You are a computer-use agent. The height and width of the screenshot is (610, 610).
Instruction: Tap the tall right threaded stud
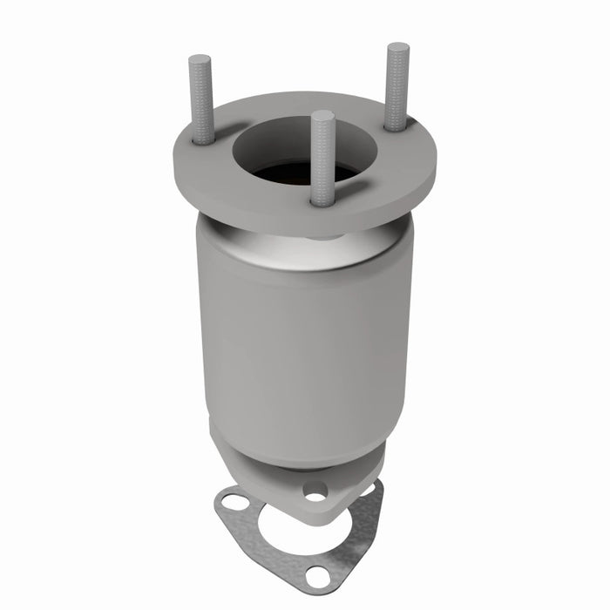click(x=397, y=87)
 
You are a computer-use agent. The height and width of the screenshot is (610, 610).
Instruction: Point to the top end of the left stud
click(x=200, y=60)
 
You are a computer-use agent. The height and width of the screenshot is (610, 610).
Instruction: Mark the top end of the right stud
click(x=398, y=47)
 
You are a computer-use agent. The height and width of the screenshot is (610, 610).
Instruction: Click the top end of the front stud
click(x=322, y=115)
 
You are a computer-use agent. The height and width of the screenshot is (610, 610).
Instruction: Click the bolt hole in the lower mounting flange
click(x=315, y=490)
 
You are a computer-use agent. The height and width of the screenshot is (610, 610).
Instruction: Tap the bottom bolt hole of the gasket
click(x=318, y=576)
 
